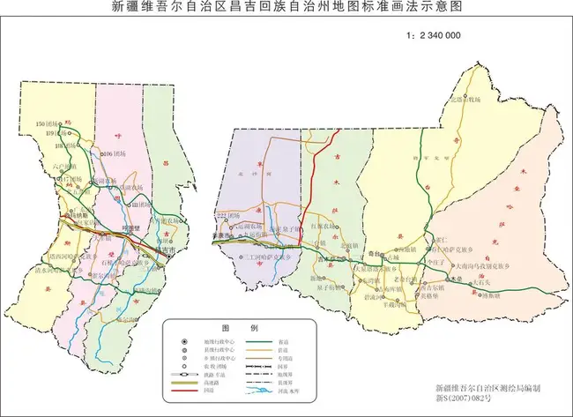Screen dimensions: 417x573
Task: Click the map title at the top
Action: (286, 7)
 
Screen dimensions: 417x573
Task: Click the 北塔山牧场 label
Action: (468, 100)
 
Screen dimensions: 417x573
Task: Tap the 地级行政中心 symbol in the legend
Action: (182, 341)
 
